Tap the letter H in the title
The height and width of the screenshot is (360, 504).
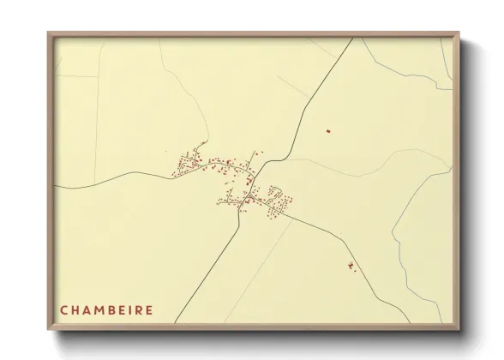click(x=76, y=309)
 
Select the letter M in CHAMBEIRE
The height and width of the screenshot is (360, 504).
click(x=103, y=309)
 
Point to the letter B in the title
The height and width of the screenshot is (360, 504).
click(x=117, y=309)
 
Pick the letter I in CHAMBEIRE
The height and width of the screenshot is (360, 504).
click(x=137, y=309)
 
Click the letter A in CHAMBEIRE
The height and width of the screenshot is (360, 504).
click(x=89, y=309)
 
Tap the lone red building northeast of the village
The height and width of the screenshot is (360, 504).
click(x=327, y=130)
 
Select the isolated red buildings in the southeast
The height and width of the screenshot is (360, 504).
click(x=351, y=267)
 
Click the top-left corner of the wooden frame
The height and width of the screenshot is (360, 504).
click(x=49, y=33)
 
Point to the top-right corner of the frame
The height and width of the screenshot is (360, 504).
click(x=459, y=33)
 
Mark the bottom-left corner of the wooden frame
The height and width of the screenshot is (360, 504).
click(x=49, y=330)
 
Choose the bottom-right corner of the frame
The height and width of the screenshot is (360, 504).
click(x=459, y=330)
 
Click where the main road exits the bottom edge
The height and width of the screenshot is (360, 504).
click(x=176, y=323)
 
